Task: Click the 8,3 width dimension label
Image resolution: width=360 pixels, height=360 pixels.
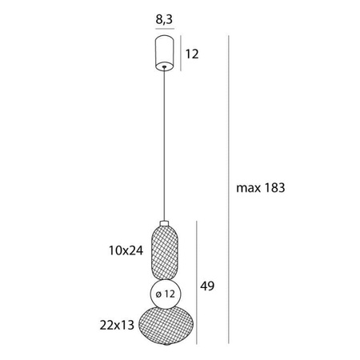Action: point(164,14)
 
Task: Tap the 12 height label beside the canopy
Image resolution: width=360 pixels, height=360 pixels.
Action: point(193,54)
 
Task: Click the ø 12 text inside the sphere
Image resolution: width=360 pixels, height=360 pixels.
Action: point(165,294)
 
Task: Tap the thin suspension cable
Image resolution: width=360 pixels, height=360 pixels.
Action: point(164,144)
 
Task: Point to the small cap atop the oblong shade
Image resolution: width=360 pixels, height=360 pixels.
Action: point(164,222)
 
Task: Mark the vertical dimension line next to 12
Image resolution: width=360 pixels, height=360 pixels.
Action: point(181,54)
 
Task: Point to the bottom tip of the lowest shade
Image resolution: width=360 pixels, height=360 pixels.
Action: point(164,350)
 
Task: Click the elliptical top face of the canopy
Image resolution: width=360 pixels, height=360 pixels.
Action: point(164,39)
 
